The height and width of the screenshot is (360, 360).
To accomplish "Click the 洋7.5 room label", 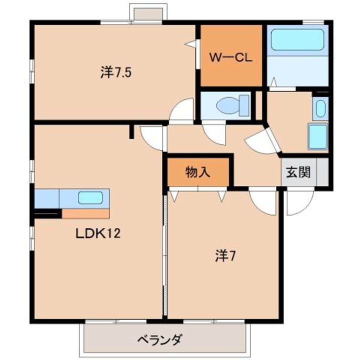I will click(116, 73).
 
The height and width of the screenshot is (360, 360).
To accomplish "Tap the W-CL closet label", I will click(229, 57).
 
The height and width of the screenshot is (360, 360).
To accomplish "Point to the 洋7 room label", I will click(225, 256).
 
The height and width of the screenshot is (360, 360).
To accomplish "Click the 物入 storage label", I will click(198, 172).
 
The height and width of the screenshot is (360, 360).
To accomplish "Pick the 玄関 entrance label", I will click(298, 172).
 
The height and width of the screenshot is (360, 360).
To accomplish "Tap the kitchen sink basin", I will click(90, 197).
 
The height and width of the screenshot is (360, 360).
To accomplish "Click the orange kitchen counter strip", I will click(85, 214).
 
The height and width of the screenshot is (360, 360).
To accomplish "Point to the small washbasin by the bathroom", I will click(320, 108).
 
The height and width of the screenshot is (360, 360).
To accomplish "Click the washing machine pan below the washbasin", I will click(317, 136).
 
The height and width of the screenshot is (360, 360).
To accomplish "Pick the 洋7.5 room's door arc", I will click(182, 110).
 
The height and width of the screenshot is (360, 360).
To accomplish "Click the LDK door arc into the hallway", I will click(152, 136).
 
